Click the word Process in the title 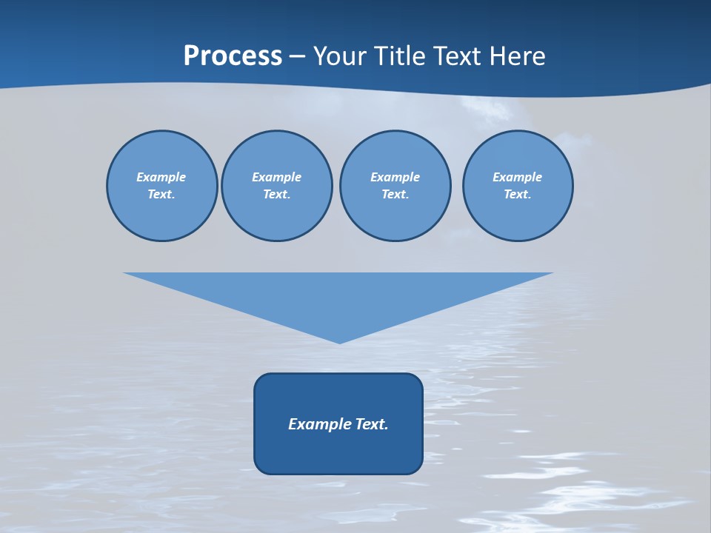(233, 56)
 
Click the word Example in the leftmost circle (161, 177)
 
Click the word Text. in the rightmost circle (517, 194)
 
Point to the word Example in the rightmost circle (517, 177)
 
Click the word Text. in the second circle (276, 194)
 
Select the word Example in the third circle (395, 177)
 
